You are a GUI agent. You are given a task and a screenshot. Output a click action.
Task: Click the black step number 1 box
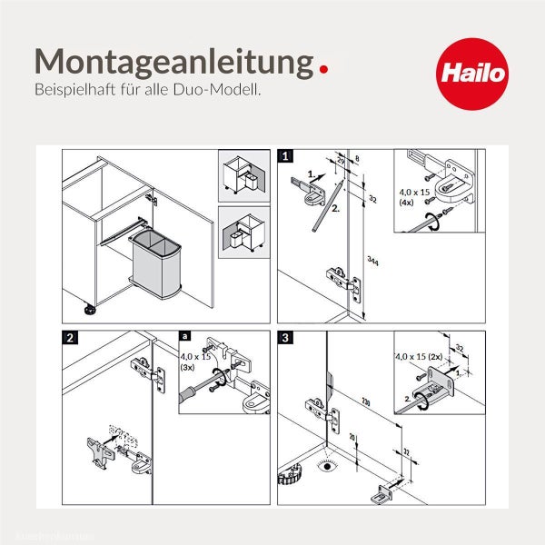286,156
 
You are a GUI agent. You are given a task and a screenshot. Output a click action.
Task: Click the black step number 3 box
286,337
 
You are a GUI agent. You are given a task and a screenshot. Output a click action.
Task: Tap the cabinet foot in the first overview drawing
92,312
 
